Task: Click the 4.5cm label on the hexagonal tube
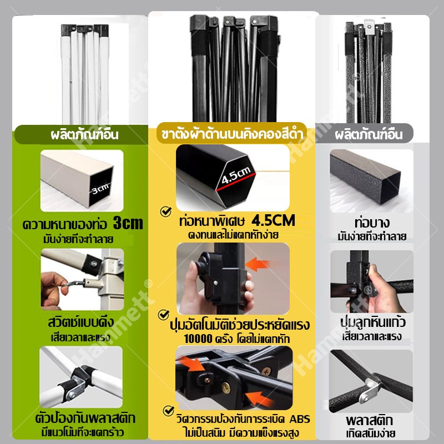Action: (236, 175)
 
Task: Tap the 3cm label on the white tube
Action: (100, 189)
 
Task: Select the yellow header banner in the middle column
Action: (232, 133)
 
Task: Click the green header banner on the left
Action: (81, 134)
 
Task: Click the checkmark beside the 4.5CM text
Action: (166, 211)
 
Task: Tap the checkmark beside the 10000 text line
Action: (164, 315)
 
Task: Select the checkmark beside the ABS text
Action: (169, 411)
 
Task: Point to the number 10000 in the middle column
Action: (198, 339)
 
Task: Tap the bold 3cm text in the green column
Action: (128, 223)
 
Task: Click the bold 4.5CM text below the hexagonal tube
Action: (273, 220)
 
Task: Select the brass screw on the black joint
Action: (226, 388)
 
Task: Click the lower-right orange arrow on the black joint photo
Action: (258, 398)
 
